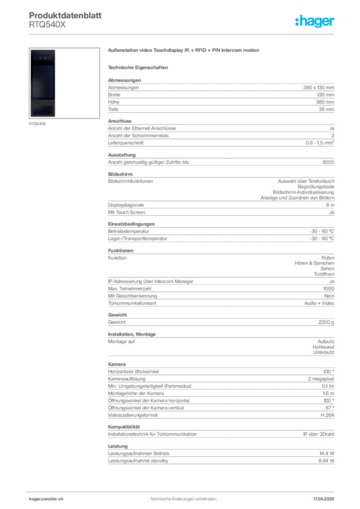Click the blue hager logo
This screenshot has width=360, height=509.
315,22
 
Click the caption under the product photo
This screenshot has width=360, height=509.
38,124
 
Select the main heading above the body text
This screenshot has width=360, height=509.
184,51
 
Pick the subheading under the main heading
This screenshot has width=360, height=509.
139,67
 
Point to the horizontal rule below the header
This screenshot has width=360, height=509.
182,34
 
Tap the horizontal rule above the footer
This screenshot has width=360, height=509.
182,490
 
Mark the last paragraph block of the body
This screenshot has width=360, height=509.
220,452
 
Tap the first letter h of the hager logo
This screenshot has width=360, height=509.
298,22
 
